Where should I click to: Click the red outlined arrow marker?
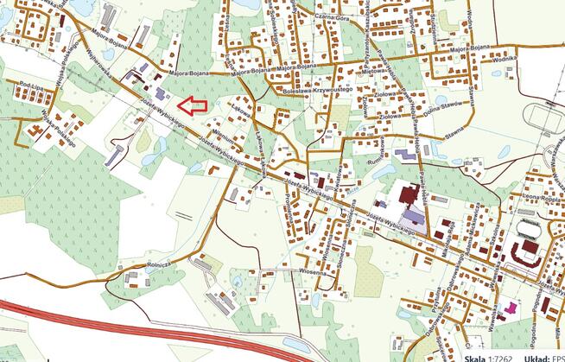(x=193, y=106)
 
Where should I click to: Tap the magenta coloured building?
(x=511, y=306)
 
